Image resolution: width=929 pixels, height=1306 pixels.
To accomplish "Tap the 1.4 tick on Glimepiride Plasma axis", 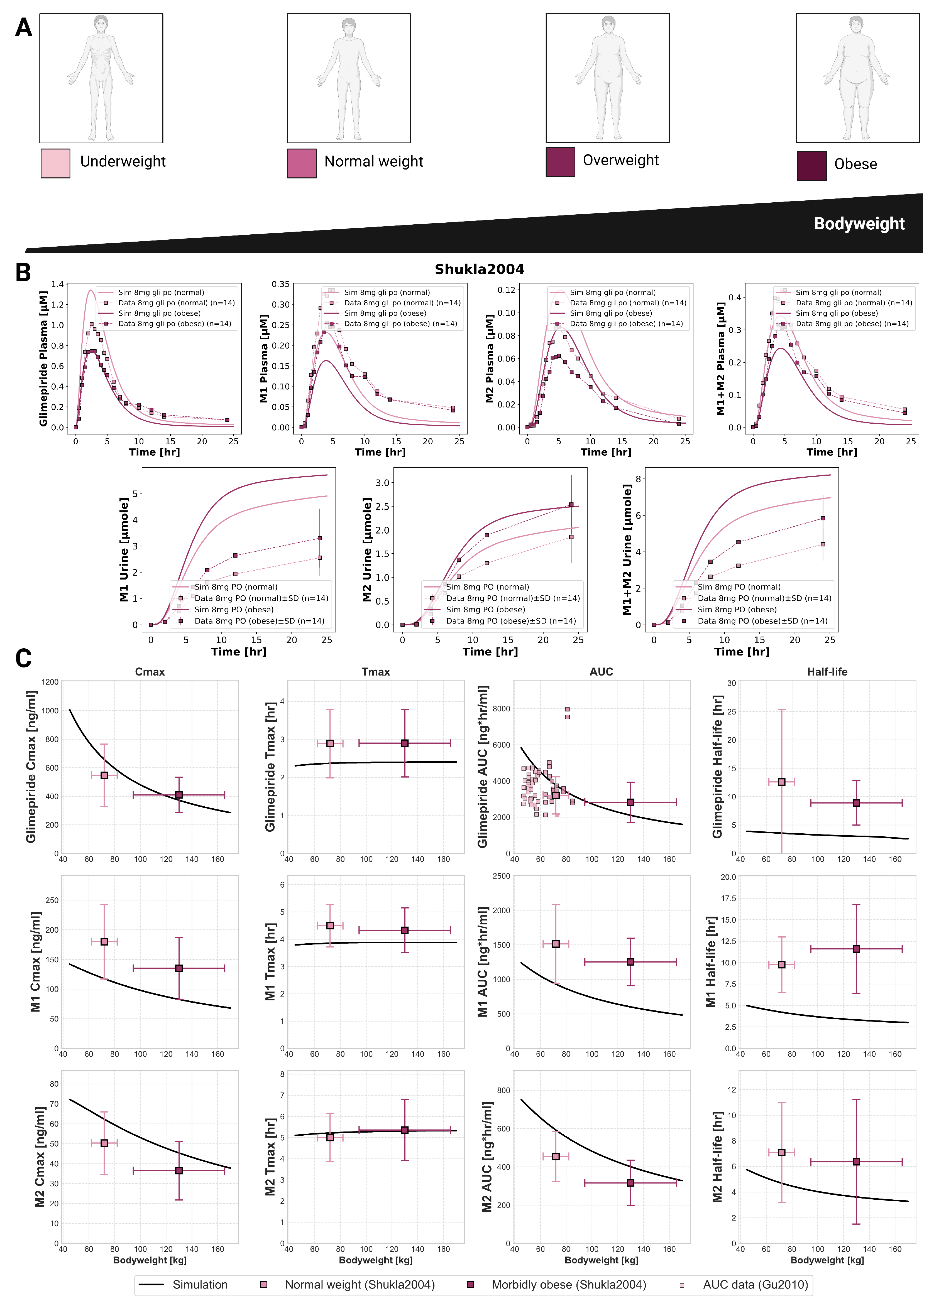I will [57, 284].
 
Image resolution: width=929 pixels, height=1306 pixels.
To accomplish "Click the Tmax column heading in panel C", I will [375, 672].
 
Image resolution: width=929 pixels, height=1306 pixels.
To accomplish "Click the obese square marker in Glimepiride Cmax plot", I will [179, 795].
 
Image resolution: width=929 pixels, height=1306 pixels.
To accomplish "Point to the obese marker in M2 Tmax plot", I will [404, 1130].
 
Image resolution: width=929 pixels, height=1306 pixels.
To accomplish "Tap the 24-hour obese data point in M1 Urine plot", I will [320, 538].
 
